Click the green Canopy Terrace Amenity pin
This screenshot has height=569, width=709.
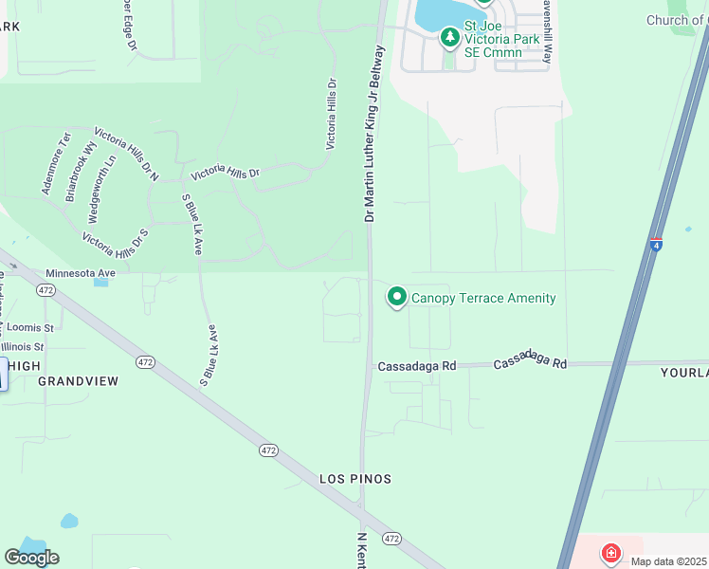pos(397,298)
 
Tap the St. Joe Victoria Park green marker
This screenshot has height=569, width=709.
pos(449,38)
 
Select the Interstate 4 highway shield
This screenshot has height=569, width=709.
pos(656,245)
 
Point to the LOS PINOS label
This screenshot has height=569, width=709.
pos(355,479)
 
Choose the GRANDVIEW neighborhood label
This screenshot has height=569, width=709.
pos(78,381)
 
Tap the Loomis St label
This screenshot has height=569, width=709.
pos(31,327)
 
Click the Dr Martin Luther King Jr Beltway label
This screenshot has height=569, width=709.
pos(375,133)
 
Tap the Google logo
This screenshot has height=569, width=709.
pos(31,558)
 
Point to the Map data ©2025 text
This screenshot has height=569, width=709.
pos(668,561)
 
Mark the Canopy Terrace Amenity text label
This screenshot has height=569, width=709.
pos(483,298)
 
